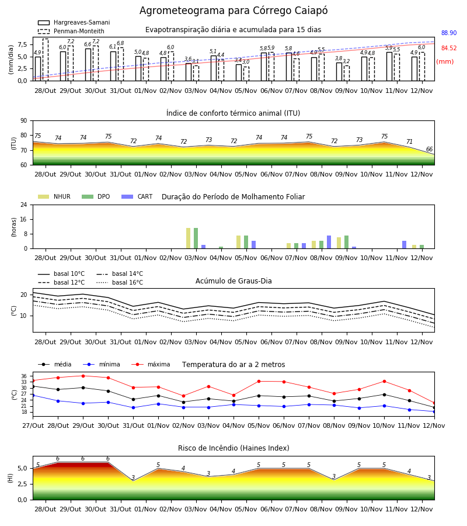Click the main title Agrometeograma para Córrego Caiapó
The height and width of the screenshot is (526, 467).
(233, 11)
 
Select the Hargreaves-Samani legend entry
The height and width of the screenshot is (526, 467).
(74, 22)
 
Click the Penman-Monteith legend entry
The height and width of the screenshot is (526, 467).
(71, 31)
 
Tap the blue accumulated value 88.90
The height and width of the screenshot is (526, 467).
(449, 33)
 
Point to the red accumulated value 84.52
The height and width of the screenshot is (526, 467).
(449, 48)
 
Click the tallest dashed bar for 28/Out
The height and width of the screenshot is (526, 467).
(45, 60)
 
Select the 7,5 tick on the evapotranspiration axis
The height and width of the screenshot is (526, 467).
(22, 44)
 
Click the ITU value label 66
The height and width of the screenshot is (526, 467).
(429, 149)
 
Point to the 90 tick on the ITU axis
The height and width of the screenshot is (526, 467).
(24, 121)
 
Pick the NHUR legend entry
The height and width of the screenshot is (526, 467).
(54, 196)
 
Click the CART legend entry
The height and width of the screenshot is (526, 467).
(137, 196)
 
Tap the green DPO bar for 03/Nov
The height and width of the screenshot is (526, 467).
(196, 238)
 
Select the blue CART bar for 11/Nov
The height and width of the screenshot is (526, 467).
(405, 244)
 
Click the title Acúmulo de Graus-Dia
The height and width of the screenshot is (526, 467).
(233, 281)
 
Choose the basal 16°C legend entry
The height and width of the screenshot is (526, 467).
(120, 282)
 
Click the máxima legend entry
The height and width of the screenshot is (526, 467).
(151, 364)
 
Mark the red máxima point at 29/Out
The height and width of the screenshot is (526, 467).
(83, 376)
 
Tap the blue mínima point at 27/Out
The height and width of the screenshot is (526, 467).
(33, 396)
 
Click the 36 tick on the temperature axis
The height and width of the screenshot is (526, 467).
(24, 376)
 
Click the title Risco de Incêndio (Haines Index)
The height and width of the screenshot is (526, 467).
(233, 448)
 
